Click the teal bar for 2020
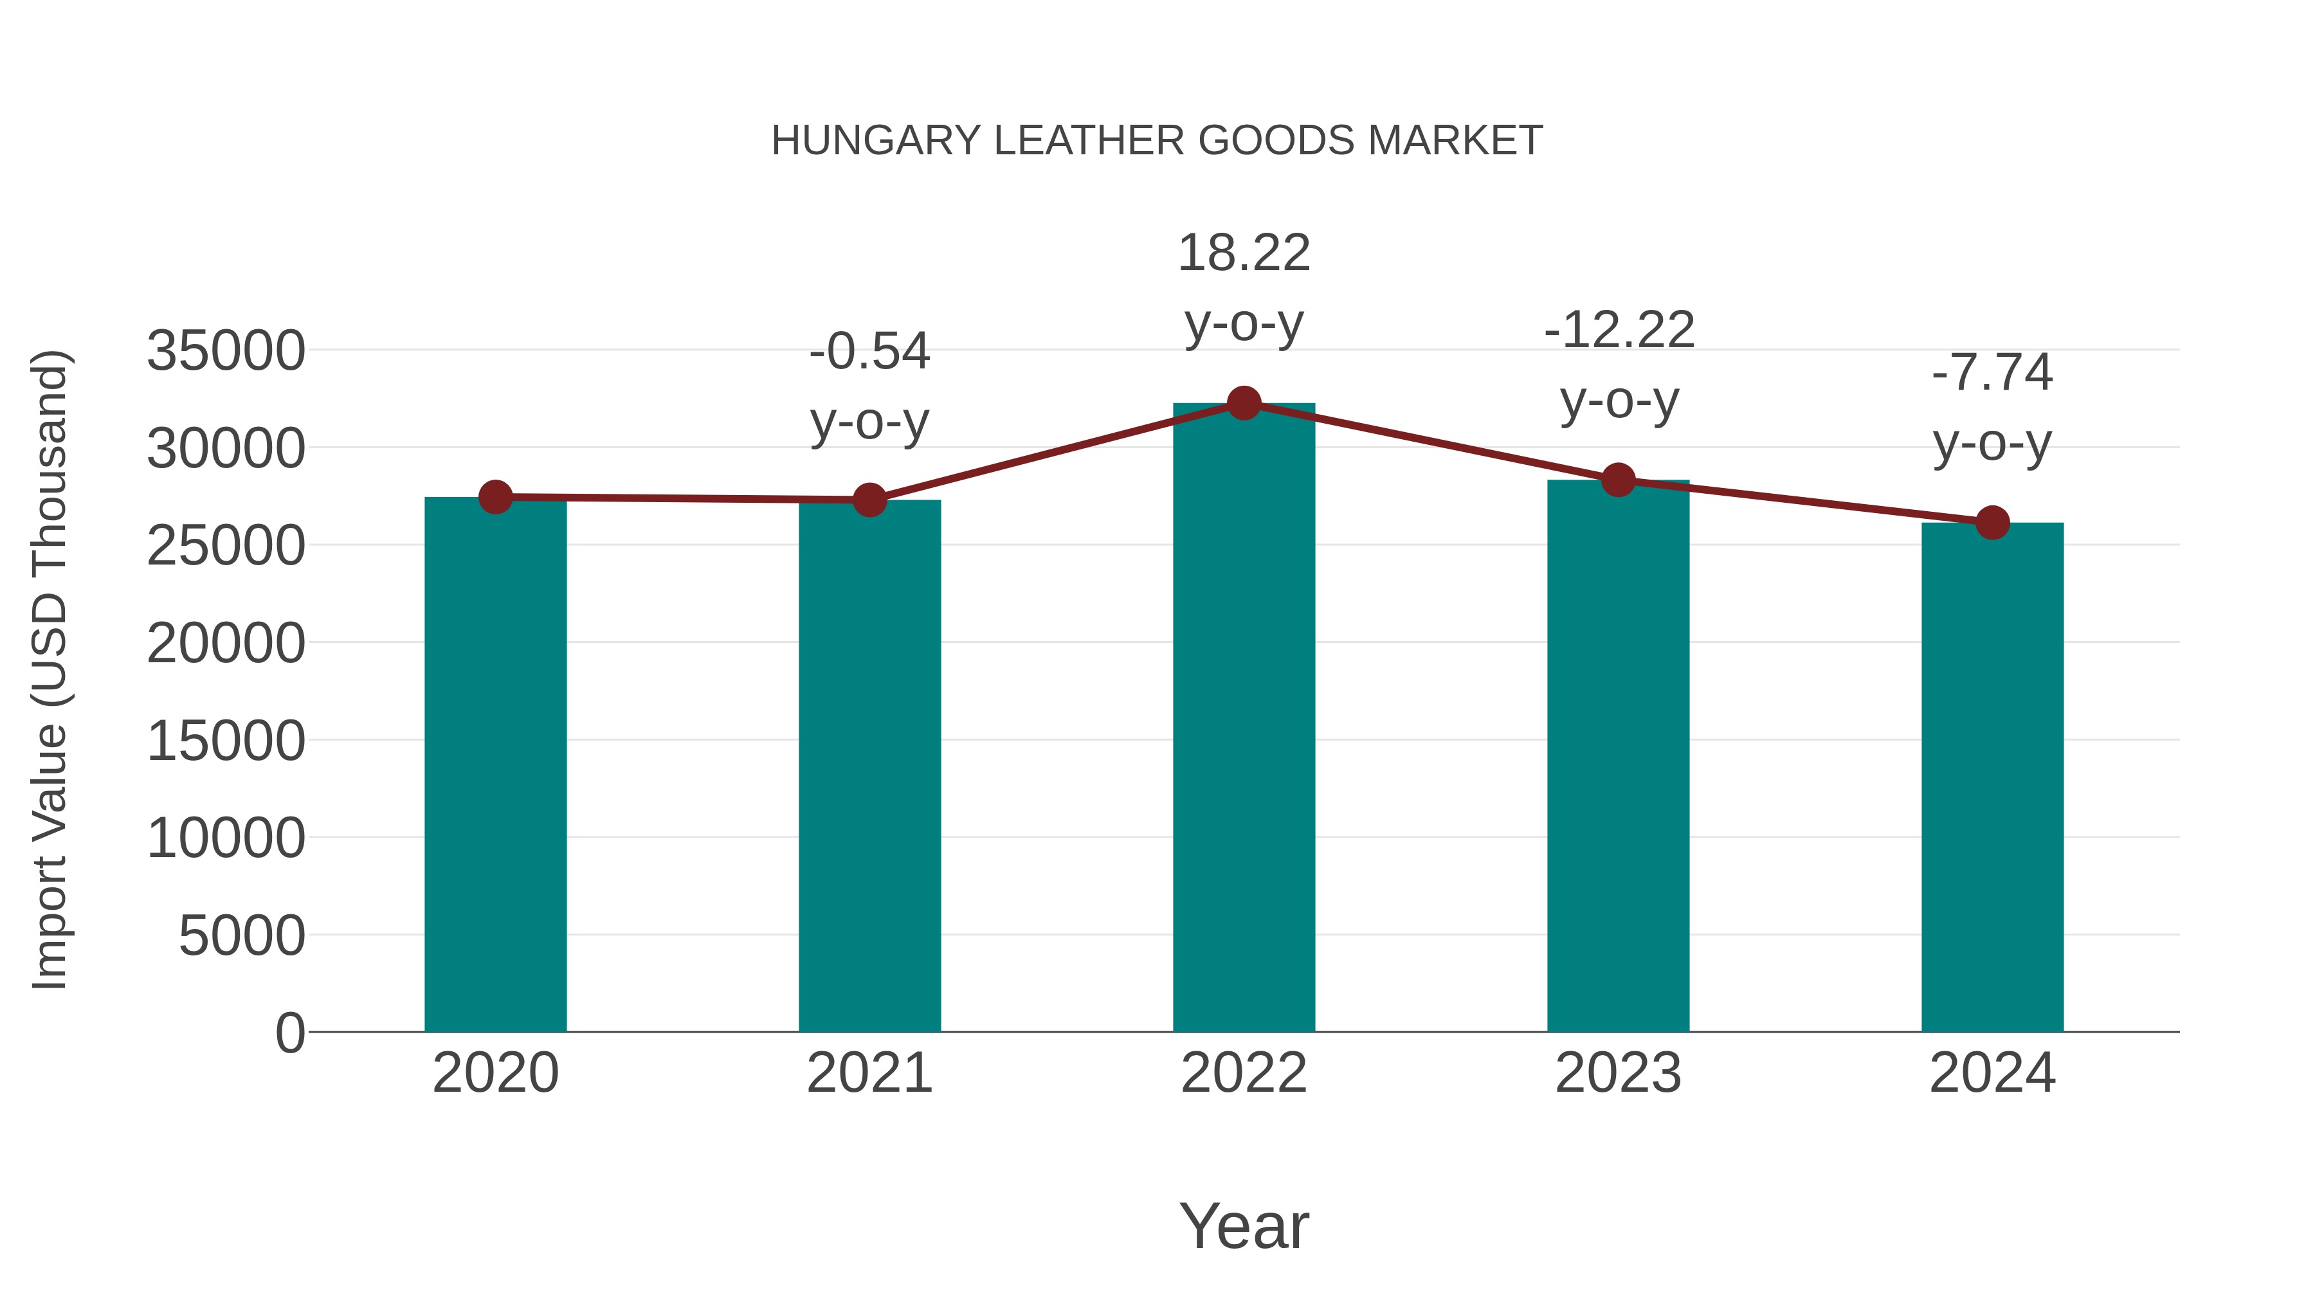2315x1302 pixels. [495, 764]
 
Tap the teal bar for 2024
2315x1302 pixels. [1992, 777]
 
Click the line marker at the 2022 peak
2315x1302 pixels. [1244, 403]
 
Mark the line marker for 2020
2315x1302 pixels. [495, 497]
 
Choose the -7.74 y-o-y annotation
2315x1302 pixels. [1992, 407]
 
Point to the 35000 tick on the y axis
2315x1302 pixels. [226, 350]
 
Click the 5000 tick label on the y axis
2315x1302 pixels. [242, 936]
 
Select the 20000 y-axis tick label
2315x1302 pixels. [226, 644]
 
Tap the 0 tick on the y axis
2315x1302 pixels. [290, 1033]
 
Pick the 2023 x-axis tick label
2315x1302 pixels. [1619, 1073]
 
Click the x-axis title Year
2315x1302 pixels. [1244, 1225]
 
